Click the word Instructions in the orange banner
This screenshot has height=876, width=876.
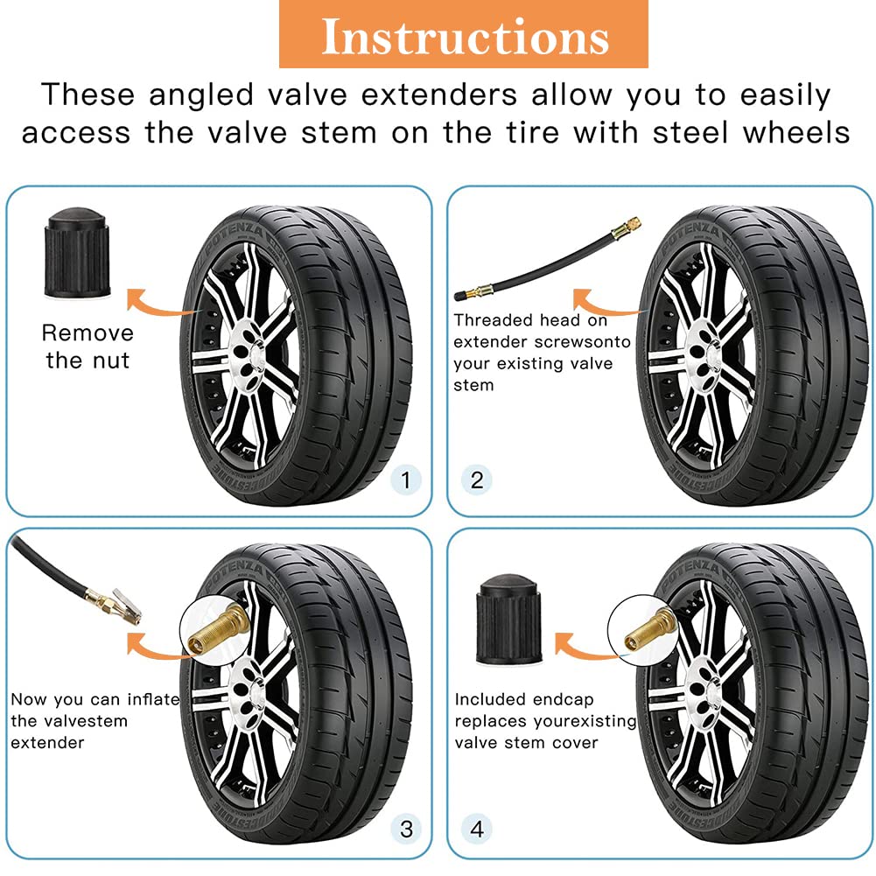pos(465,37)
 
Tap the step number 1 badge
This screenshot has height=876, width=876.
pos(405,480)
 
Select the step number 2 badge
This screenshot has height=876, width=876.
pos(477,480)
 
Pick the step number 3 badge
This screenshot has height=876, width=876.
pos(406,829)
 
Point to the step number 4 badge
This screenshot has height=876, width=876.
pos(477,829)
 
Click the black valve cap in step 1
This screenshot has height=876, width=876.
pos(77,253)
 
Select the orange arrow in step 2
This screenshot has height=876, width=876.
pos(603,305)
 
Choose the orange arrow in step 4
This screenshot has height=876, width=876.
pos(584,648)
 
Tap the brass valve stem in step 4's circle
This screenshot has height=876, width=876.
pos(648,628)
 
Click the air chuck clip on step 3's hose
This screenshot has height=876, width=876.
pos(126,606)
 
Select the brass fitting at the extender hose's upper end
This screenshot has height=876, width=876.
pos(626,228)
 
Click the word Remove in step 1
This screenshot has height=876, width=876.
pos(88,333)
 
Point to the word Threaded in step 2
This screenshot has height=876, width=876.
pos(494,320)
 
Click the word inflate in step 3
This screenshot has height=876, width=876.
pos(153,699)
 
